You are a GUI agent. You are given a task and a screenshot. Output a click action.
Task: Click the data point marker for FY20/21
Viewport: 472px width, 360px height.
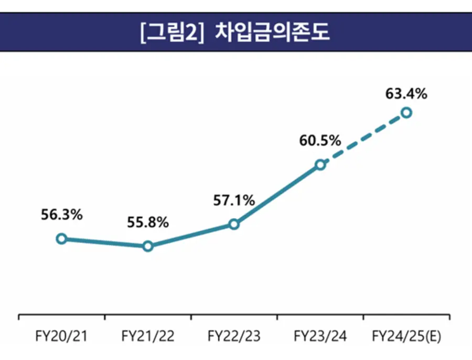coord(61,239)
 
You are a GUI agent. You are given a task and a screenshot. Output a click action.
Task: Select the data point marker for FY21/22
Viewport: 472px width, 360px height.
coord(148,246)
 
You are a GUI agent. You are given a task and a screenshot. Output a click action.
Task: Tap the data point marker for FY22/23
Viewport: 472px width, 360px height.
coord(234,225)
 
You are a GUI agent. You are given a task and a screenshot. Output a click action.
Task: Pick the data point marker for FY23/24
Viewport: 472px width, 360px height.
coord(320,165)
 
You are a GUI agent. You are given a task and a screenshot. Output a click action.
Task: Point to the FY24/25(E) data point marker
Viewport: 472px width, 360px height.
coord(406,112)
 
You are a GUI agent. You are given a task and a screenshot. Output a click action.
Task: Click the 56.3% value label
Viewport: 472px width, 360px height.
coord(61,215)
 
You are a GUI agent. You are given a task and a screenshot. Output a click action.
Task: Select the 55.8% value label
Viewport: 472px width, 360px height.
coord(148,223)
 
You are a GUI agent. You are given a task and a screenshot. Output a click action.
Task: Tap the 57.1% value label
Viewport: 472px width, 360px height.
coord(234,200)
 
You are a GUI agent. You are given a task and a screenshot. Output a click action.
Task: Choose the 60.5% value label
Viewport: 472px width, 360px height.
coord(320,141)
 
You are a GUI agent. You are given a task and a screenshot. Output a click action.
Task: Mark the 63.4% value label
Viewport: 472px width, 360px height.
coord(406,94)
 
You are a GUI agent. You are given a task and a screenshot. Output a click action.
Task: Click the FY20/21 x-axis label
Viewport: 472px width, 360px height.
coord(61,336)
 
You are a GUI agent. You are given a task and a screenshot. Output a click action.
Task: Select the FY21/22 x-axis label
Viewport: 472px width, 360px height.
coord(148,336)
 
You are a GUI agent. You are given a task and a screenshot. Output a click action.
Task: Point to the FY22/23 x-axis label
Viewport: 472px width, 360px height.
coord(234,336)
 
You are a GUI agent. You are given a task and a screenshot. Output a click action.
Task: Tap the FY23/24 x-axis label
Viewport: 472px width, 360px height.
coord(320,336)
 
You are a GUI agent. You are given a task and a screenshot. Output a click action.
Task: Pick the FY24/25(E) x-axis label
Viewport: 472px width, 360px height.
coord(406,336)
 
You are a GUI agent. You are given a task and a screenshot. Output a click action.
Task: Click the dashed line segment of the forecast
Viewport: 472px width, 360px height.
coord(363,139)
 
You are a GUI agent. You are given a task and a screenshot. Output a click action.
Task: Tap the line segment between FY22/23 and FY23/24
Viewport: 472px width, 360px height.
coord(277,195)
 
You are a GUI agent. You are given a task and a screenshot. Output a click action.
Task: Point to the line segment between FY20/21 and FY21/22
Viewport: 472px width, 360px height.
coord(105,242)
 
